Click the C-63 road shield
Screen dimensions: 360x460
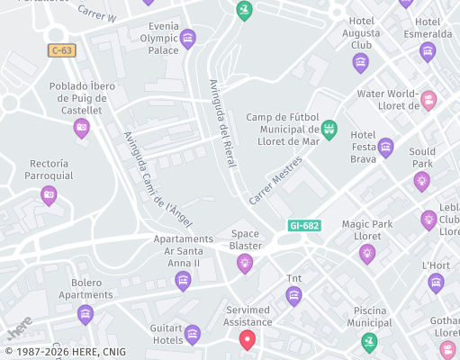pyautogui.click(x=61, y=50)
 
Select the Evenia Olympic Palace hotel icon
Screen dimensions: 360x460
pyautogui.click(x=187, y=37)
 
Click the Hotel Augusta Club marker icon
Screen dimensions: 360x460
pyautogui.click(x=361, y=62)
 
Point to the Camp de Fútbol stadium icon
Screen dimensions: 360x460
pyautogui.click(x=329, y=129)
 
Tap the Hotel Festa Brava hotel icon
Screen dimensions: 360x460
pyautogui.click(x=386, y=147)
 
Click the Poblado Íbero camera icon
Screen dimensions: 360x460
pyautogui.click(x=82, y=128)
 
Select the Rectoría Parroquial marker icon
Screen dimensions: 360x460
pyautogui.click(x=49, y=193)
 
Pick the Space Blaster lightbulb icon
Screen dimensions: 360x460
pyautogui.click(x=244, y=263)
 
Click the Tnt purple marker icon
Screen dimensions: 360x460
pyautogui.click(x=293, y=296)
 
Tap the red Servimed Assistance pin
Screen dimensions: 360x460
pyautogui.click(x=248, y=340)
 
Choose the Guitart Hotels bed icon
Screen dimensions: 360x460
pyautogui.click(x=192, y=335)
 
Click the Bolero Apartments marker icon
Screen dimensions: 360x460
pyautogui.click(x=86, y=313)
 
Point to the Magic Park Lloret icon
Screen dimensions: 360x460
pyautogui.click(x=367, y=254)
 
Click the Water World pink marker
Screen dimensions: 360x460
pyautogui.click(x=428, y=100)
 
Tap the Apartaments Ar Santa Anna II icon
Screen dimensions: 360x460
pyautogui.click(x=184, y=281)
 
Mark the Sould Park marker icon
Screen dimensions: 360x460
pyautogui.click(x=421, y=181)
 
